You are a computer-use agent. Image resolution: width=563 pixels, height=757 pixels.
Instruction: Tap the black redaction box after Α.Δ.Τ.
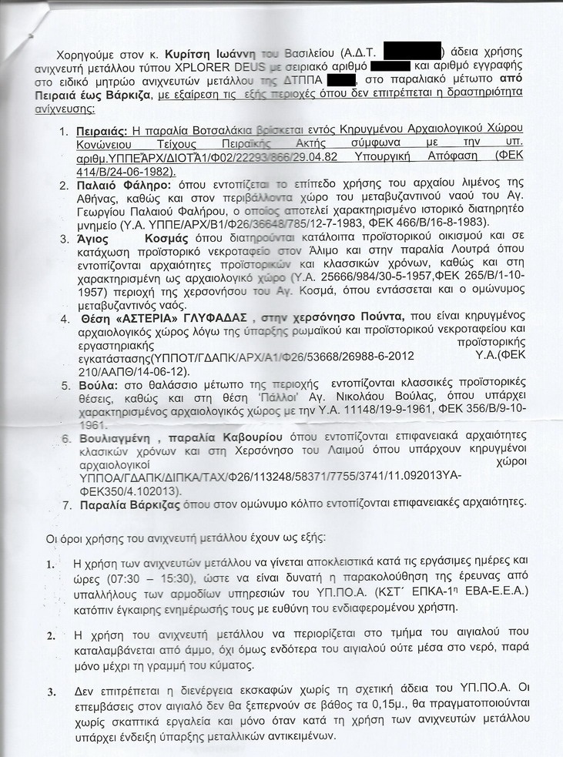(412, 52)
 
